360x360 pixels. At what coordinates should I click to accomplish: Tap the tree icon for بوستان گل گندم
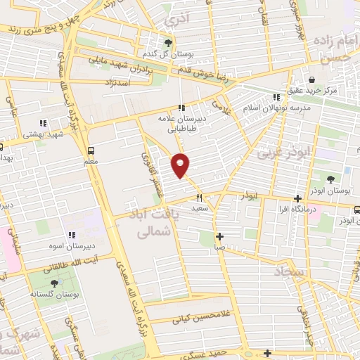(x=167, y=42)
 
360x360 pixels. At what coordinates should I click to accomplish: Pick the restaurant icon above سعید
(x=200, y=198)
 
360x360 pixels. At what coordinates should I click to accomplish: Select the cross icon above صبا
(x=219, y=236)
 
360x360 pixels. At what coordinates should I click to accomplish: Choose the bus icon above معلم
(x=91, y=150)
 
